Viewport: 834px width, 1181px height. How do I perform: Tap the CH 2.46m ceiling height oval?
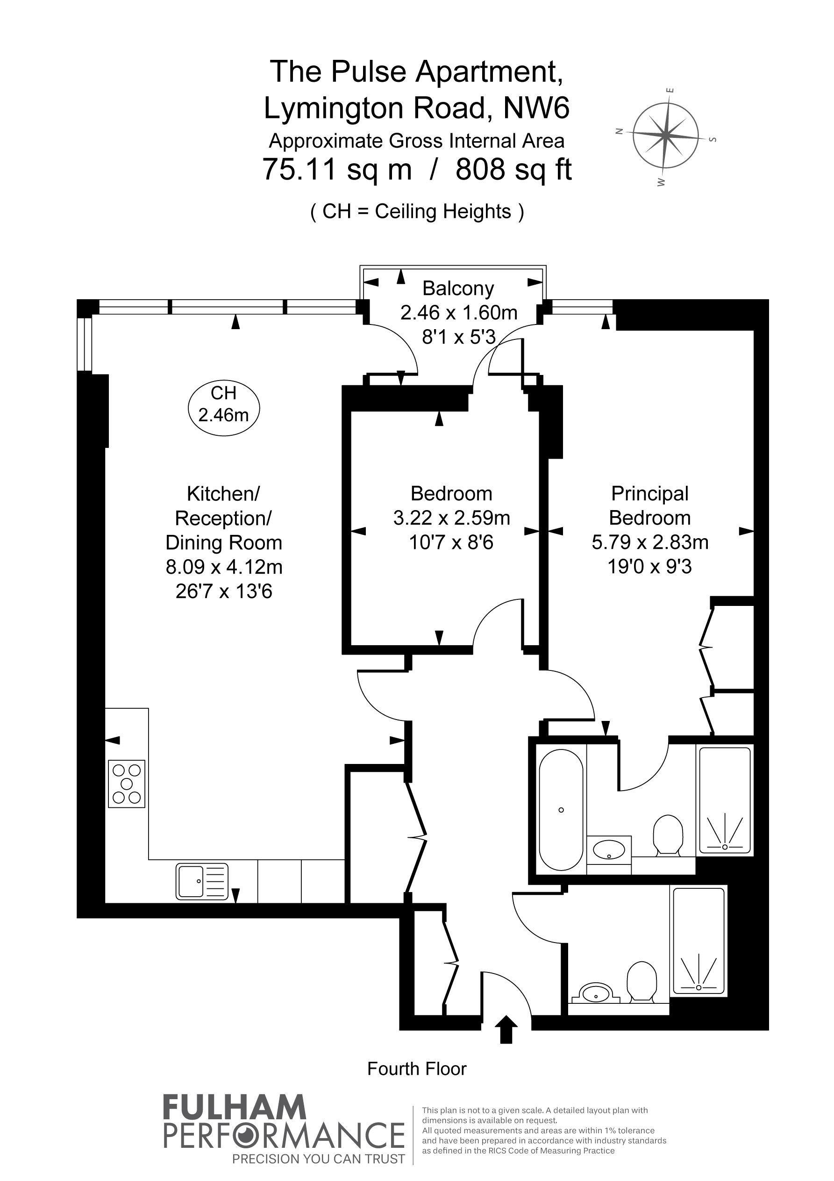[x=224, y=409]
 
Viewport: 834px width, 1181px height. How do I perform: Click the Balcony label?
[x=458, y=288]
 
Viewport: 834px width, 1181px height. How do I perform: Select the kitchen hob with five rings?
[x=127, y=784]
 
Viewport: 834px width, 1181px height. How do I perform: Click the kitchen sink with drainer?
[x=202, y=881]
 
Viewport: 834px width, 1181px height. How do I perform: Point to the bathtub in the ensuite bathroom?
[x=561, y=810]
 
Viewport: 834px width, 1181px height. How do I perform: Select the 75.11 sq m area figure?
[x=337, y=169]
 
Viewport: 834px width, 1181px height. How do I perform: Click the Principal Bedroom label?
[x=650, y=505]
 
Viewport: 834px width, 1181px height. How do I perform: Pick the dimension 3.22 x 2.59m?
[x=451, y=518]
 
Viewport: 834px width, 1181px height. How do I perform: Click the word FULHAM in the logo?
[x=235, y=1108]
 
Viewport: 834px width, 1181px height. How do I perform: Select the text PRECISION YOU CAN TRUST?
[x=318, y=1159]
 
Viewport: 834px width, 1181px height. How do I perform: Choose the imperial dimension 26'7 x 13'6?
[x=224, y=591]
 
